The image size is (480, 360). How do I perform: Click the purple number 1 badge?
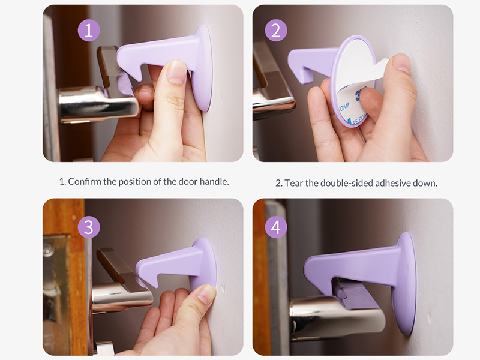tap(89, 31)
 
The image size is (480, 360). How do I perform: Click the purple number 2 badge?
tap(276, 31)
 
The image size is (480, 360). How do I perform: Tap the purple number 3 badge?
tap(89, 227)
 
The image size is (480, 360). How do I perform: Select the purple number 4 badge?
tap(276, 227)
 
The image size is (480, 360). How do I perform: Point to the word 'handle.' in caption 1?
tap(214, 182)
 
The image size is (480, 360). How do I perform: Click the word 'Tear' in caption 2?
tap(294, 183)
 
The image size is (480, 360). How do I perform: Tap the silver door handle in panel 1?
tap(98, 103)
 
